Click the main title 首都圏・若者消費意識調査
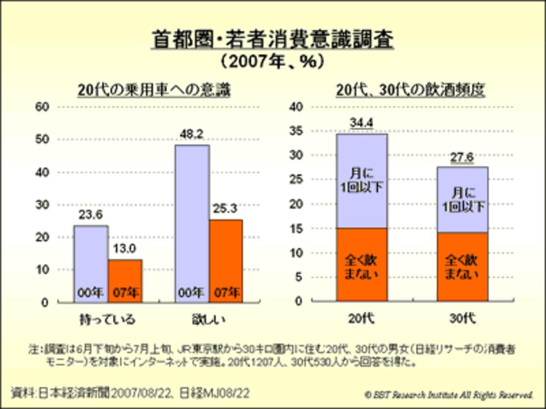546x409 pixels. (x=272, y=39)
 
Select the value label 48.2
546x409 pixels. (x=192, y=134)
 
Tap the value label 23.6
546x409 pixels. (x=91, y=215)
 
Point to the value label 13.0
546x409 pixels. (x=124, y=248)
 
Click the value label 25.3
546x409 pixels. (x=225, y=208)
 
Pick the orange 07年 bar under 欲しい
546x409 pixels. (x=226, y=260)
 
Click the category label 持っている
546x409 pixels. (x=108, y=320)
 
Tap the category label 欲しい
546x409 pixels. (x=208, y=320)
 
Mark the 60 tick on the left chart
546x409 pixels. (x=42, y=107)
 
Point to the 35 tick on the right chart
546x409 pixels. (x=296, y=131)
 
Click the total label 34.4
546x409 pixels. (x=361, y=122)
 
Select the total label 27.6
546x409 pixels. (x=462, y=157)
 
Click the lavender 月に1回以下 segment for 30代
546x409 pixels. (x=462, y=199)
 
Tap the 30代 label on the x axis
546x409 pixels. (x=462, y=318)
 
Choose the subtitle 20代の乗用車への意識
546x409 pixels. (x=154, y=90)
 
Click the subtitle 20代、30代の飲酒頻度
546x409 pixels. (x=410, y=90)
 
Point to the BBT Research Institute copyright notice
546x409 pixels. (x=449, y=395)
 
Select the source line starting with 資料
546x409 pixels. (x=130, y=393)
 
